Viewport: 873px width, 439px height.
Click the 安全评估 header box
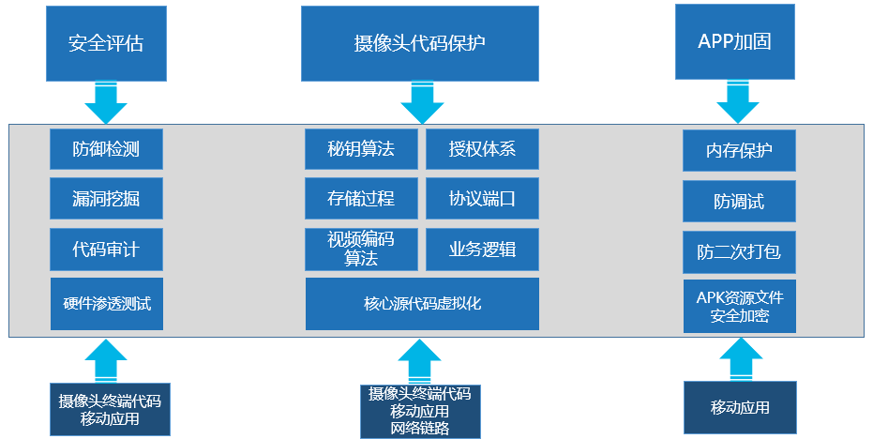(x=105, y=43)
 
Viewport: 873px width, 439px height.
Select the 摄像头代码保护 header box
(x=420, y=43)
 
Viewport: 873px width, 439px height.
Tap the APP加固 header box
(x=735, y=43)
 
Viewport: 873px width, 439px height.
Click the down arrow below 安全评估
(x=105, y=100)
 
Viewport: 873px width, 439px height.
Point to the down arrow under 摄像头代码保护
(x=420, y=101)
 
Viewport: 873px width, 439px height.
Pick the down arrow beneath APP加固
(x=735, y=101)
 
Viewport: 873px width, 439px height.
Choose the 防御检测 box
(x=106, y=148)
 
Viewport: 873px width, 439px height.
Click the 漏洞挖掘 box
(x=106, y=199)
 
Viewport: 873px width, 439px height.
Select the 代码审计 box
(x=106, y=250)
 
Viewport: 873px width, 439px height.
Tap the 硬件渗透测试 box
(x=106, y=304)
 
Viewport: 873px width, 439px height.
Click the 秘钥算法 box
(x=361, y=148)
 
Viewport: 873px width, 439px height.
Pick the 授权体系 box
(x=482, y=148)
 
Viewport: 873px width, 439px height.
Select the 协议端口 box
(x=482, y=199)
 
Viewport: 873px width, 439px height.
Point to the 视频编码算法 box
(x=361, y=250)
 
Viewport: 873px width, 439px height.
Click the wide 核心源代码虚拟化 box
(x=422, y=304)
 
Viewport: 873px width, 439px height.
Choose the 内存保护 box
(x=739, y=151)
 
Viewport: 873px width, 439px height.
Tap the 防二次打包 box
(x=739, y=252)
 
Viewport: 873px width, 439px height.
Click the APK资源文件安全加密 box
(x=739, y=306)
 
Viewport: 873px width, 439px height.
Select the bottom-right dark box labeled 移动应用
(x=740, y=407)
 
